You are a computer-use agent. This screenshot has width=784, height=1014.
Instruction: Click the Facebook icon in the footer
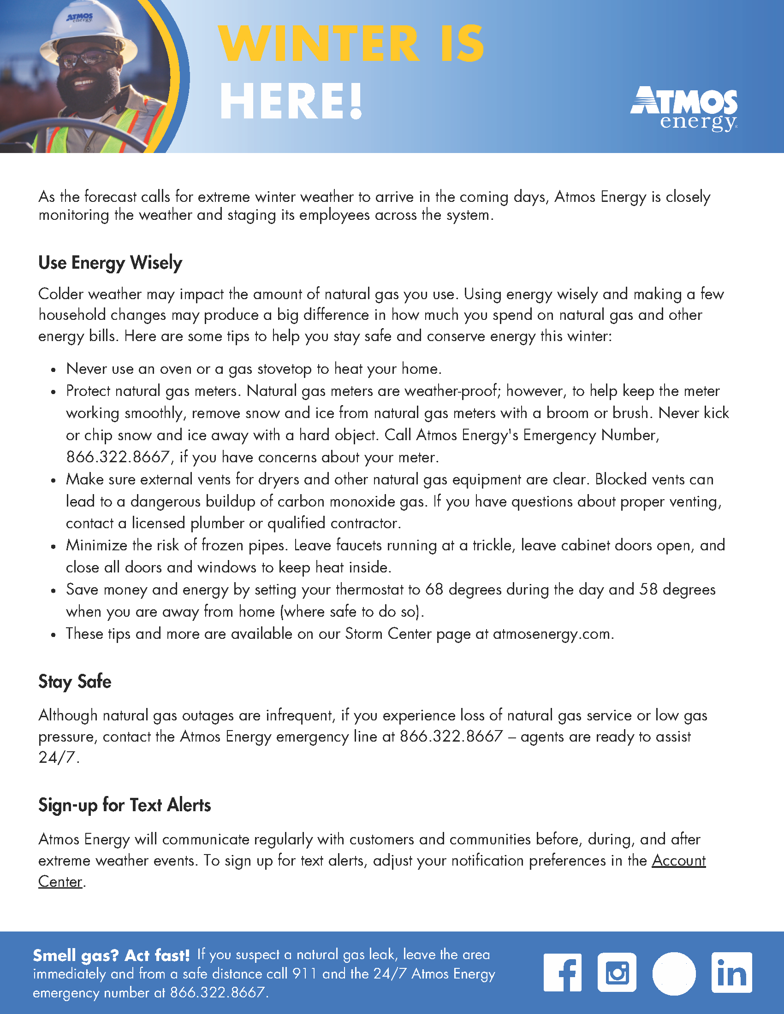(563, 973)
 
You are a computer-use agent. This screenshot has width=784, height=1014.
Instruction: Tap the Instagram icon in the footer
(617, 973)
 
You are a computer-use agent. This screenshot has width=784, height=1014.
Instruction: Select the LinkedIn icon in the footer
(731, 973)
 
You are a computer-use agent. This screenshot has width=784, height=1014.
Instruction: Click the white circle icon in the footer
(674, 973)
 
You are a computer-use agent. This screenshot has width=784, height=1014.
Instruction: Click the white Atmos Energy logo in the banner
(683, 109)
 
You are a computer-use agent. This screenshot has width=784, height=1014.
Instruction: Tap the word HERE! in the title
(291, 102)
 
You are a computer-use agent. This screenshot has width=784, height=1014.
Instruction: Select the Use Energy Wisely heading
(110, 263)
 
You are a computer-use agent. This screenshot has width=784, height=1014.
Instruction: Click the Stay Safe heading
(75, 682)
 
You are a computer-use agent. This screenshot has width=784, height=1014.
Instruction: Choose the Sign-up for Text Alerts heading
(125, 805)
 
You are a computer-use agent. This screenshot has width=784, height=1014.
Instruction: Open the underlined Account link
(678, 861)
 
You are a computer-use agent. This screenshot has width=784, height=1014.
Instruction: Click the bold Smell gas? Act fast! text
(112, 955)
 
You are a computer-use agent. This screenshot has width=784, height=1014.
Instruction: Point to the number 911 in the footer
(305, 973)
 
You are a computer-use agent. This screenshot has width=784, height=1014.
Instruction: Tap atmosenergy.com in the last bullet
(552, 634)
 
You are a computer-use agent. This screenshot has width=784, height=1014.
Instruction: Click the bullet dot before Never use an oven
(54, 370)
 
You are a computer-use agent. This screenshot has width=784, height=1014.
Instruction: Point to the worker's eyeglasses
(88, 59)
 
